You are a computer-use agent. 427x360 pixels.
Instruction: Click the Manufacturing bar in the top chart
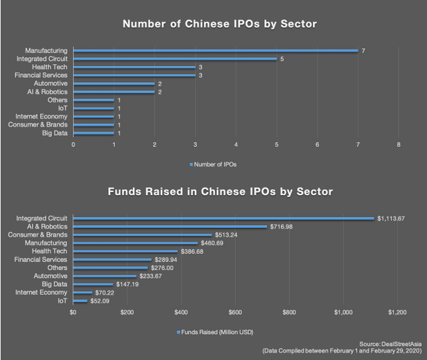coord(215,51)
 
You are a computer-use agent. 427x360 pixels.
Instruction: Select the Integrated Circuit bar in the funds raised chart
coord(223,218)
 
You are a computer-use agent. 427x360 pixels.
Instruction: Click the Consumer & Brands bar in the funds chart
coord(141,235)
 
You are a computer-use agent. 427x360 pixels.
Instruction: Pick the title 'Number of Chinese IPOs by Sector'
coord(219,24)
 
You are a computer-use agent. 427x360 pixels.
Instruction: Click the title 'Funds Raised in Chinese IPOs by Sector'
coord(219,192)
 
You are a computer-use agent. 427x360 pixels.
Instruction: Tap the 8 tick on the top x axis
coord(398,144)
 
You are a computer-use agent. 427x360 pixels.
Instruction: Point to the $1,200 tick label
coord(398,312)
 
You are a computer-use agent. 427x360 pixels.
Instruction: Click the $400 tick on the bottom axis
coord(181,312)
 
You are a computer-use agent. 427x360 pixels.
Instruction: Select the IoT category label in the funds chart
coord(61,301)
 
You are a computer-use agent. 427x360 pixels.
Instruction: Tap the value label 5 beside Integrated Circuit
coord(282,59)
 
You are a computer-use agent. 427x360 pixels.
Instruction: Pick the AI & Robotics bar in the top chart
coord(113,92)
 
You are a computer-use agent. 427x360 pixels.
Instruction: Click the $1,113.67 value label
coord(392,218)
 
